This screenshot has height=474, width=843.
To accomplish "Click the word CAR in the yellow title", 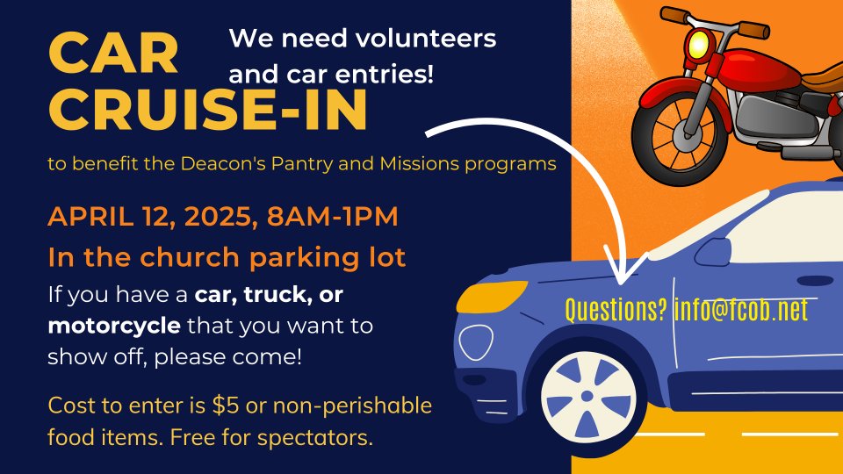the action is [x=113, y=53].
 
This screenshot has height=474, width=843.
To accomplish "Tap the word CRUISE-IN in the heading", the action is [x=208, y=111].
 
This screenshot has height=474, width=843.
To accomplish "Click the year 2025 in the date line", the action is [x=217, y=216].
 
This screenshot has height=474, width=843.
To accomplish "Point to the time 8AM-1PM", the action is [x=332, y=216].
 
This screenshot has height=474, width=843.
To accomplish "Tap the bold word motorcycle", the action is [x=114, y=327].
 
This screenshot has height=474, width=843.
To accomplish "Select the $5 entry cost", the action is [x=226, y=406].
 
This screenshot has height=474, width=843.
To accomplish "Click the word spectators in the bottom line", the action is [x=314, y=438].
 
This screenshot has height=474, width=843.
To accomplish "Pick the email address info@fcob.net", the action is [x=741, y=310].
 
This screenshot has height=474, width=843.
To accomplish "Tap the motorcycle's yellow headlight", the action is [x=699, y=43].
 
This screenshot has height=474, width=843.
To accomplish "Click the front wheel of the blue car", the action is [x=587, y=397].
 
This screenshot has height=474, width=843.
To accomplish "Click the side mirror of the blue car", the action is [x=713, y=251].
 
